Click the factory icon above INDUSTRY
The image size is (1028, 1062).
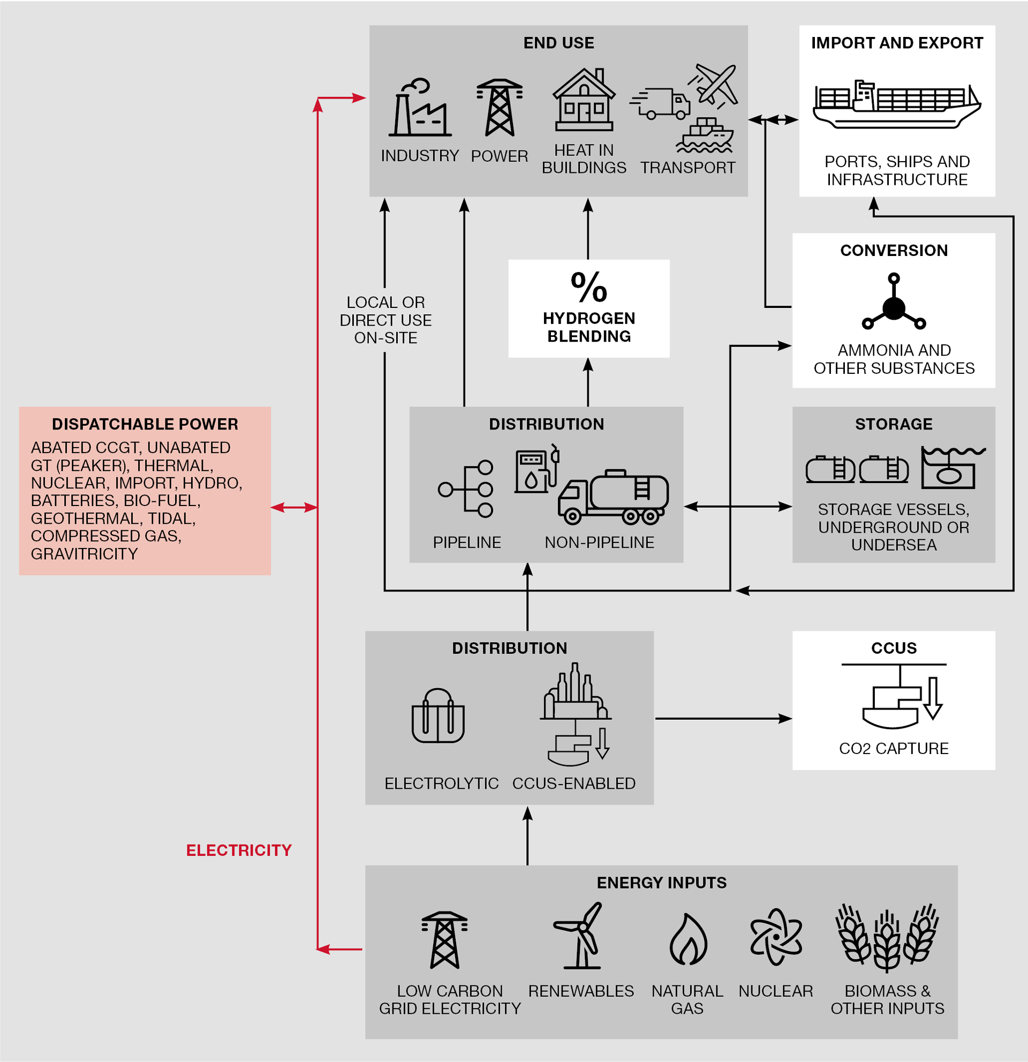click(419, 108)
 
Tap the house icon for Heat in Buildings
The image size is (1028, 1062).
click(584, 100)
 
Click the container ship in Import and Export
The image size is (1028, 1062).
click(896, 104)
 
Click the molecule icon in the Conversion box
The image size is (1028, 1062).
click(894, 304)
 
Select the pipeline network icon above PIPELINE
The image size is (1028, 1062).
click(466, 489)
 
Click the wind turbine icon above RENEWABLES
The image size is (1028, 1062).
click(580, 936)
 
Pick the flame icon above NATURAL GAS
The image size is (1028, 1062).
click(688, 939)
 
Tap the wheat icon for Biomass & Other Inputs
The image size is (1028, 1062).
click(887, 937)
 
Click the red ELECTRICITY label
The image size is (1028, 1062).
click(239, 850)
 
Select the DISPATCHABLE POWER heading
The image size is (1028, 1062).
click(145, 424)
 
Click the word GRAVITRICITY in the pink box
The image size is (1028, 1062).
click(85, 554)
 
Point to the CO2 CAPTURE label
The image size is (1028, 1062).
click(894, 748)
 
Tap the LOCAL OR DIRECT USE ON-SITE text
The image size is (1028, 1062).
click(385, 320)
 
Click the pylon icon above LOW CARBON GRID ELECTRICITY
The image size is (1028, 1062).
click(445, 939)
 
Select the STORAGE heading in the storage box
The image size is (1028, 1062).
click(894, 424)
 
